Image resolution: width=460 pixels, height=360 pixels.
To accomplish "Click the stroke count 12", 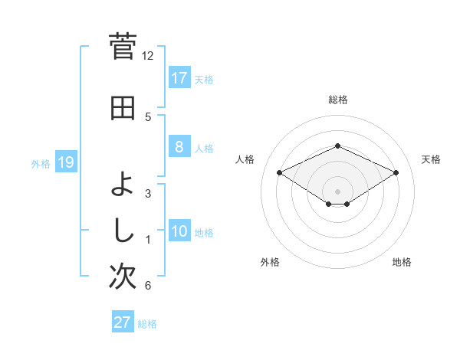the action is click(x=148, y=56).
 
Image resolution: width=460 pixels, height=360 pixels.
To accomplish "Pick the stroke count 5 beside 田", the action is click(x=148, y=117).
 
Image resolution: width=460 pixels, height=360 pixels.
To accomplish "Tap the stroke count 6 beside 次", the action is click(x=148, y=286).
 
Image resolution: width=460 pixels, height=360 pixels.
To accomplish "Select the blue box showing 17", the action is click(x=179, y=77).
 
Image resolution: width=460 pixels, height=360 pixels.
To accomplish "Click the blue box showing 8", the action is click(x=179, y=147).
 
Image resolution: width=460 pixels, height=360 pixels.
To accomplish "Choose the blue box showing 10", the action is click(x=179, y=231).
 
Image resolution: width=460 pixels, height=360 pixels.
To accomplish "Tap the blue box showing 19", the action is click(x=66, y=162).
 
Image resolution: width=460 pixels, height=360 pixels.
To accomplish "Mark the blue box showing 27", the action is click(x=123, y=322).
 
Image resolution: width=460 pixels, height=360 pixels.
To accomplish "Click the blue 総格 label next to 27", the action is click(x=147, y=324).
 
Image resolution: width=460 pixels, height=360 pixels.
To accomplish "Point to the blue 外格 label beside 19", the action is click(x=41, y=163).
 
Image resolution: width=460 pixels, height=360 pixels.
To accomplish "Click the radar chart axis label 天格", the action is click(x=431, y=159).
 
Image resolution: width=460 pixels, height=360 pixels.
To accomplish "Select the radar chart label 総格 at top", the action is click(x=337, y=100).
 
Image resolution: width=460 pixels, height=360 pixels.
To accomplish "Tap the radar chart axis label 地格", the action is click(x=402, y=263).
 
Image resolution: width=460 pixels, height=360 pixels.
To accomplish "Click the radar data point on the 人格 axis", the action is click(x=280, y=172).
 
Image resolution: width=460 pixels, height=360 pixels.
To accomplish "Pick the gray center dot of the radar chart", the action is click(x=337, y=191).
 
